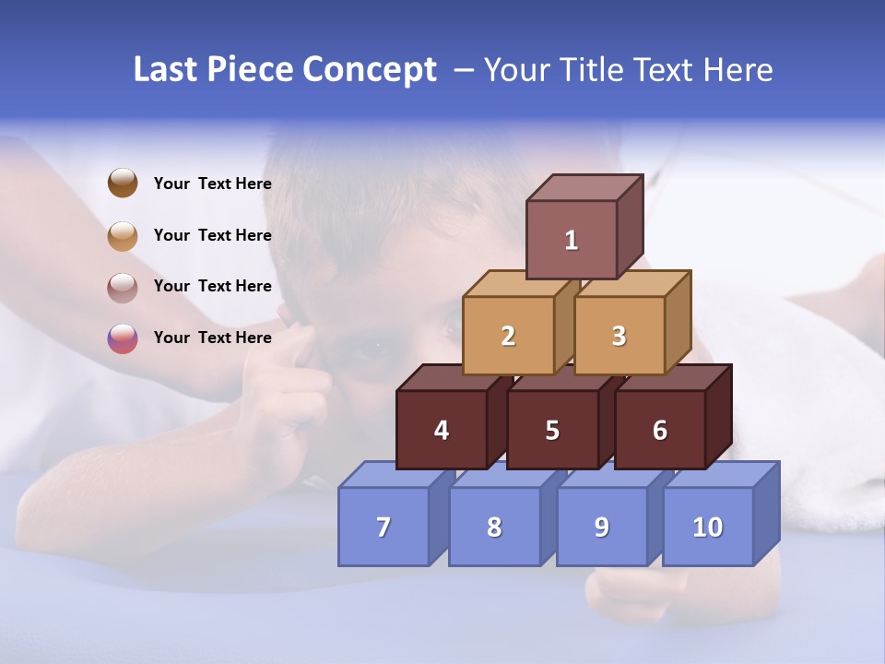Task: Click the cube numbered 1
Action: (572, 240)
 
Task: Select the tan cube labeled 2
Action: (508, 336)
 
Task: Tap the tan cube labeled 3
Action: (619, 336)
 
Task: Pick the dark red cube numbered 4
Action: (442, 430)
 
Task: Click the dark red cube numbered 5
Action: (552, 430)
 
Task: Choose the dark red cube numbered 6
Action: (660, 430)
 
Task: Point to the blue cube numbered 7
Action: (383, 527)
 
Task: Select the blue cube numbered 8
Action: (494, 527)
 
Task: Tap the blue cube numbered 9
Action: (602, 527)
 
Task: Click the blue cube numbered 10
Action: (708, 527)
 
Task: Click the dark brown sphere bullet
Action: (123, 183)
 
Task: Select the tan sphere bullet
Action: (123, 235)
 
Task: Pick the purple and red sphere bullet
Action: (123, 338)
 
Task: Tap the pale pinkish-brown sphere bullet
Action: (123, 287)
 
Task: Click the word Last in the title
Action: (166, 70)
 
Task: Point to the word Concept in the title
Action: (369, 70)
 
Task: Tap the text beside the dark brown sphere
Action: (212, 184)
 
